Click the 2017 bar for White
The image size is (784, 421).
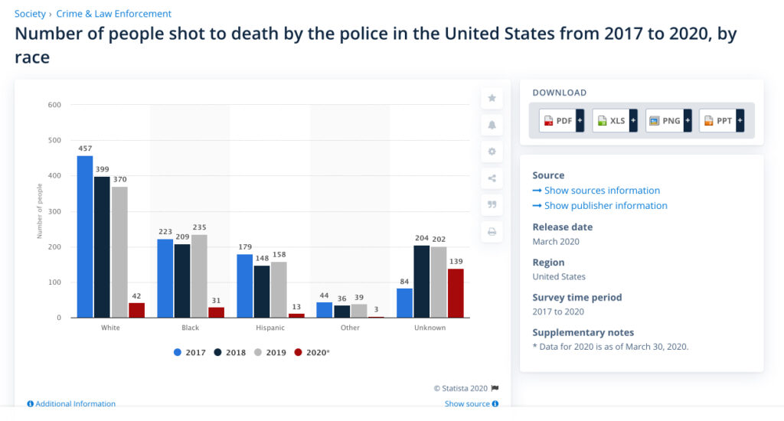pyautogui.click(x=85, y=237)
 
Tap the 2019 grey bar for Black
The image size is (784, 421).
pyautogui.click(x=199, y=276)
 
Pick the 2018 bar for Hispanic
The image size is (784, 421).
pyautogui.click(x=262, y=292)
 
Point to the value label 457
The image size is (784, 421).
pyautogui.click(x=85, y=148)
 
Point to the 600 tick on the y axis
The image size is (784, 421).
pyautogui.click(x=54, y=105)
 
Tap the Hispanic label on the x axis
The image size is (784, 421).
pyautogui.click(x=270, y=328)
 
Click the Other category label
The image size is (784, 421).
pyautogui.click(x=350, y=328)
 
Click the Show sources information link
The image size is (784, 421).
pyautogui.click(x=602, y=191)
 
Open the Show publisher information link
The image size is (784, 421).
pyautogui.click(x=606, y=206)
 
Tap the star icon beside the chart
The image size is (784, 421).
pyautogui.click(x=492, y=98)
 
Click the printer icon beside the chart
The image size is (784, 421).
pyautogui.click(x=492, y=231)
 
